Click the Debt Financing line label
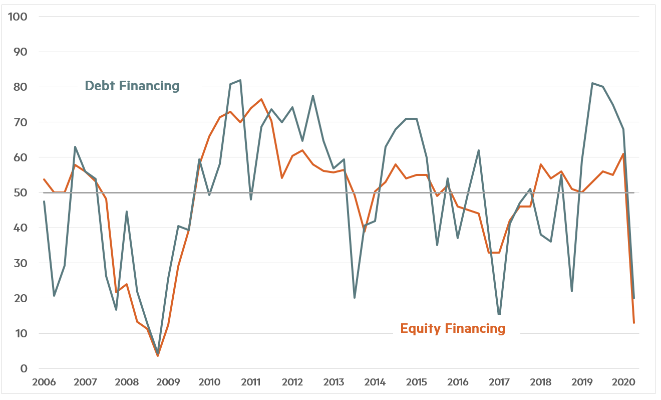pos(132,86)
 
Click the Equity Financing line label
pos(453,329)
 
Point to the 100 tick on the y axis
pos(18,17)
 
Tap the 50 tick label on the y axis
pos(21,193)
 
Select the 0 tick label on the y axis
pos(24,369)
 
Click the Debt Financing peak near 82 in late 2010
pos(240,80)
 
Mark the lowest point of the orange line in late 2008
pos(158,356)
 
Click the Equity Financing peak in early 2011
pos(261,99)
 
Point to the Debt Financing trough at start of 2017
pos(499,314)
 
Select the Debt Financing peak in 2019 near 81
pos(592,83)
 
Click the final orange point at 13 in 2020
pos(633,323)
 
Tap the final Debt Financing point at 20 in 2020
pos(634,298)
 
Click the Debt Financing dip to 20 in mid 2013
pos(355,298)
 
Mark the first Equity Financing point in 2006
pos(44,179)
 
